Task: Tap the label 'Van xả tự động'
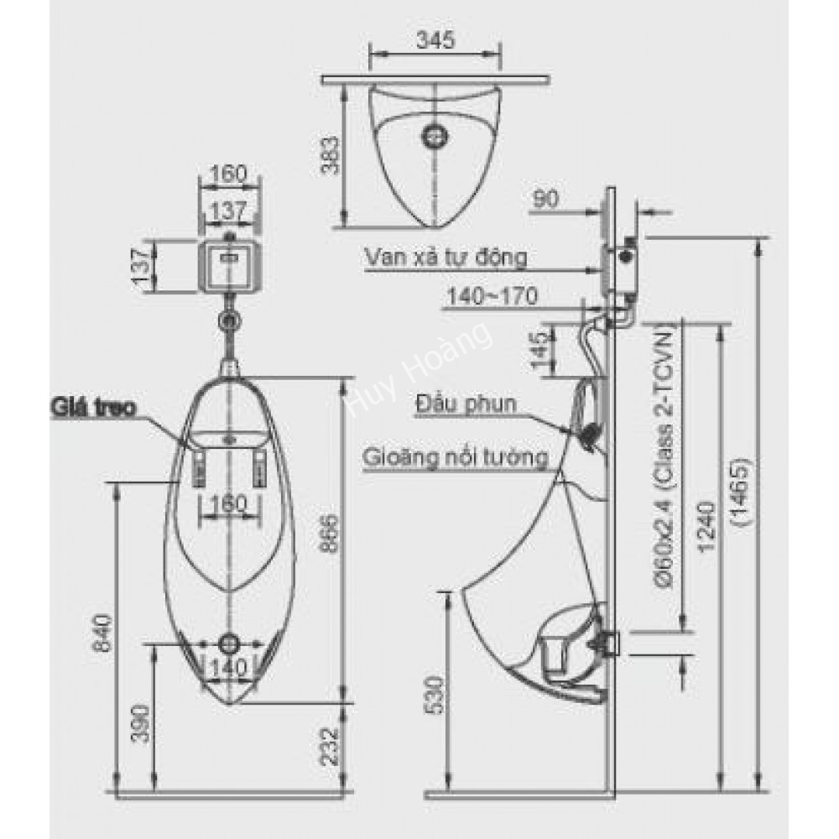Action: pyautogui.click(x=446, y=257)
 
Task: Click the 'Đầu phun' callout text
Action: pyautogui.click(x=466, y=405)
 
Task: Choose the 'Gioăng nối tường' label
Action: pyautogui.click(x=456, y=458)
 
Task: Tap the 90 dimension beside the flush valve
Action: pyautogui.click(x=545, y=199)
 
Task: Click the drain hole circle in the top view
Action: pyautogui.click(x=435, y=134)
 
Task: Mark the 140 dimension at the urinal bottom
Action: pyautogui.click(x=228, y=669)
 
